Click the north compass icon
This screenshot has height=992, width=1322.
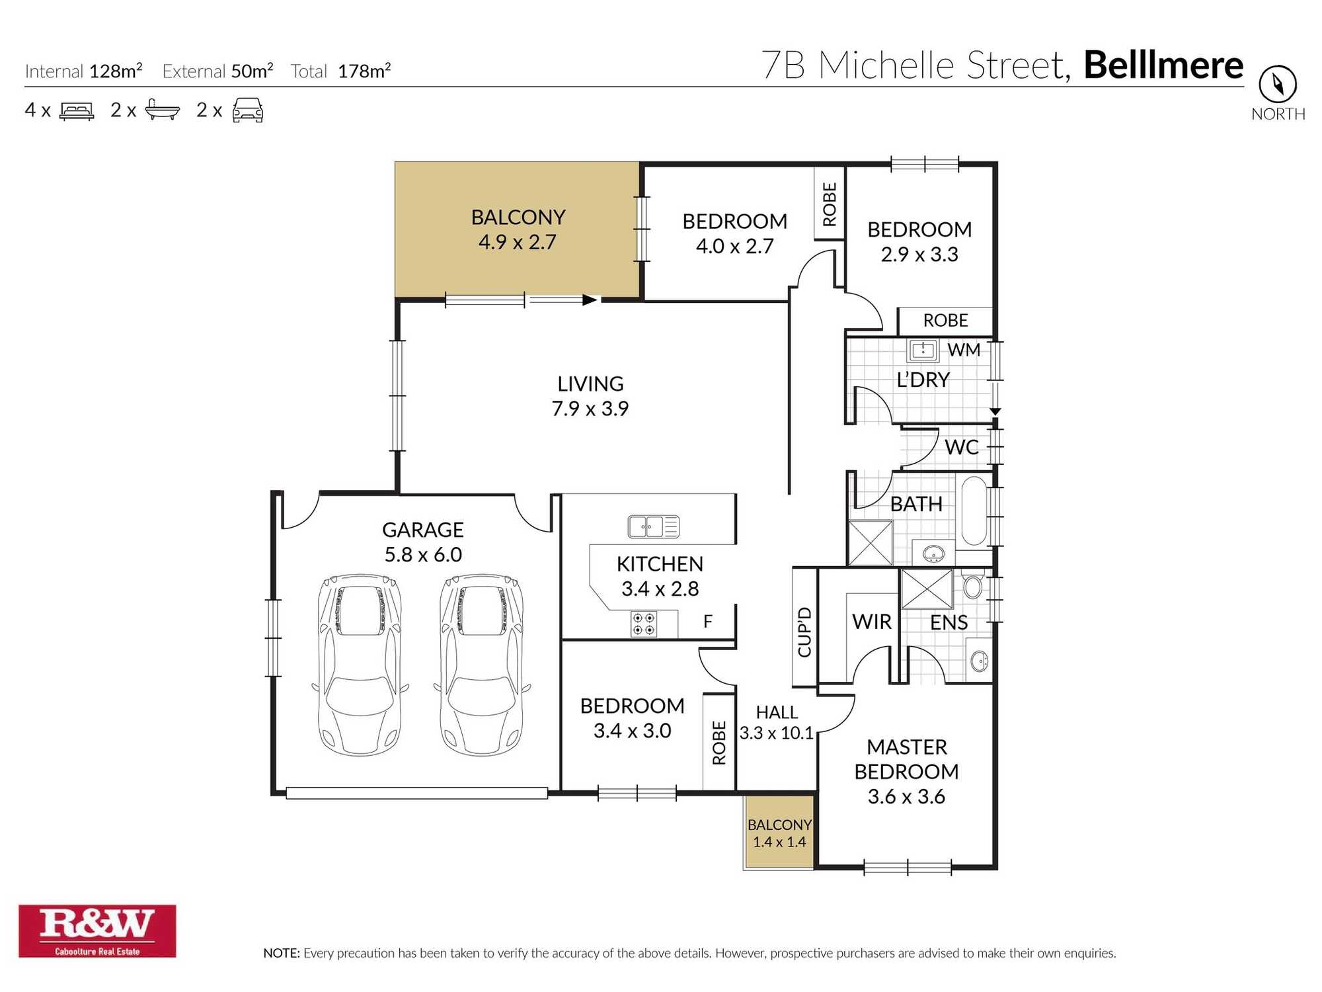pyautogui.click(x=1277, y=84)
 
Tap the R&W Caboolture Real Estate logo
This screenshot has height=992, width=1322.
pyautogui.click(x=97, y=930)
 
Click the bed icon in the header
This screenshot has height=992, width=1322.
pyautogui.click(x=77, y=110)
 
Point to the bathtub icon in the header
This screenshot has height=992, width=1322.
pyautogui.click(x=162, y=110)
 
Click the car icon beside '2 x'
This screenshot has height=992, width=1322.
pyautogui.click(x=248, y=110)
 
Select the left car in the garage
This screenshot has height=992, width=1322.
pyautogui.click(x=360, y=665)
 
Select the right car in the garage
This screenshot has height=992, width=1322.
pyautogui.click(x=482, y=665)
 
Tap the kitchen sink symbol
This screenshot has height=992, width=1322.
pyautogui.click(x=653, y=526)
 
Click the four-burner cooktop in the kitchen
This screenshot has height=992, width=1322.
pyautogui.click(x=644, y=624)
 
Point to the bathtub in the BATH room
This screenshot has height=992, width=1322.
pyautogui.click(x=974, y=511)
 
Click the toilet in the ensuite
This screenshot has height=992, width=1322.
pyautogui.click(x=973, y=586)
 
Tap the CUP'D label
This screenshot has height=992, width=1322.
pyautogui.click(x=804, y=632)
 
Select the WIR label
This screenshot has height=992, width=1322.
pyautogui.click(x=871, y=622)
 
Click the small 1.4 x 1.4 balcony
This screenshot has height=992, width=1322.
pyautogui.click(x=779, y=833)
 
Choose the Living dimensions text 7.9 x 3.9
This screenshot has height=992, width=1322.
pyautogui.click(x=590, y=409)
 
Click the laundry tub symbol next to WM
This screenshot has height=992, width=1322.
pyautogui.click(x=923, y=350)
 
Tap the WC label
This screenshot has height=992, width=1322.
pyautogui.click(x=961, y=448)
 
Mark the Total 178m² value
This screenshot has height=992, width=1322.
pyautogui.click(x=364, y=71)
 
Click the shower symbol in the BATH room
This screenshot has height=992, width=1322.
pyautogui.click(x=871, y=543)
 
